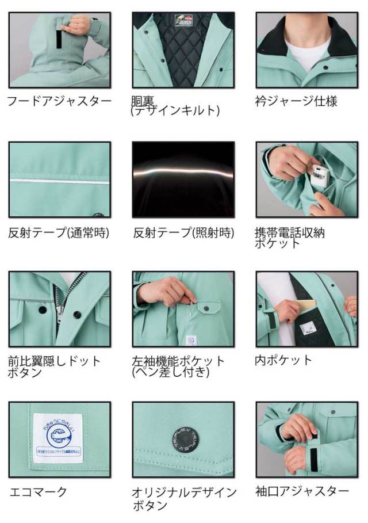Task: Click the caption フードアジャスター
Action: coord(59,101)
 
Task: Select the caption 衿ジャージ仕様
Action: coord(296,101)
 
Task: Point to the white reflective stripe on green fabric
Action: coord(59,181)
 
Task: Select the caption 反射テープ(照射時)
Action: coord(183,232)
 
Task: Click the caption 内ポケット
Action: coord(283,360)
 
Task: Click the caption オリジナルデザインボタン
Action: coord(183,499)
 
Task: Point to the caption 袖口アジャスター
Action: coord(302,491)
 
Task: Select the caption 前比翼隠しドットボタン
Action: coord(55,367)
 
